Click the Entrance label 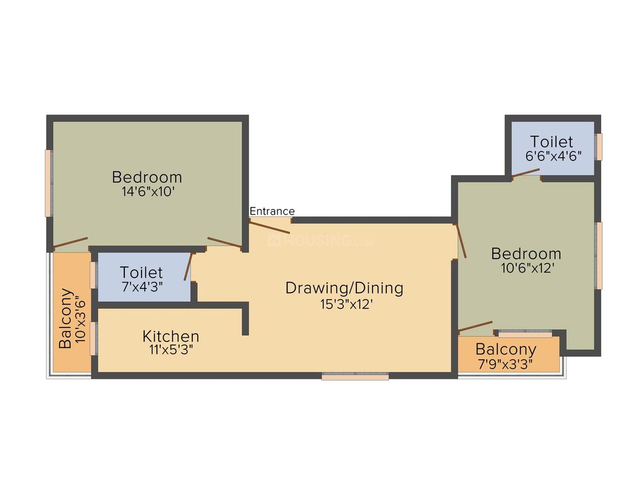(x=272, y=211)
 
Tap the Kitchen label (x=171, y=336)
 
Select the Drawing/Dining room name (x=344, y=288)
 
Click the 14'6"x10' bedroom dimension (x=147, y=192)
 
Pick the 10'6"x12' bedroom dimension (x=526, y=268)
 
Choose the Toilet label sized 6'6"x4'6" (x=551, y=142)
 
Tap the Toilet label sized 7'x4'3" (x=141, y=273)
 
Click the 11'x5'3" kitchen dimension (x=171, y=350)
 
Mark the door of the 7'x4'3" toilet (x=189, y=267)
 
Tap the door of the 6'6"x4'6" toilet (x=526, y=174)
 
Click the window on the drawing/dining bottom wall (x=355, y=377)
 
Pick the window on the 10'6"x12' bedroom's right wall (x=598, y=255)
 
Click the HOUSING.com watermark (x=320, y=241)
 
